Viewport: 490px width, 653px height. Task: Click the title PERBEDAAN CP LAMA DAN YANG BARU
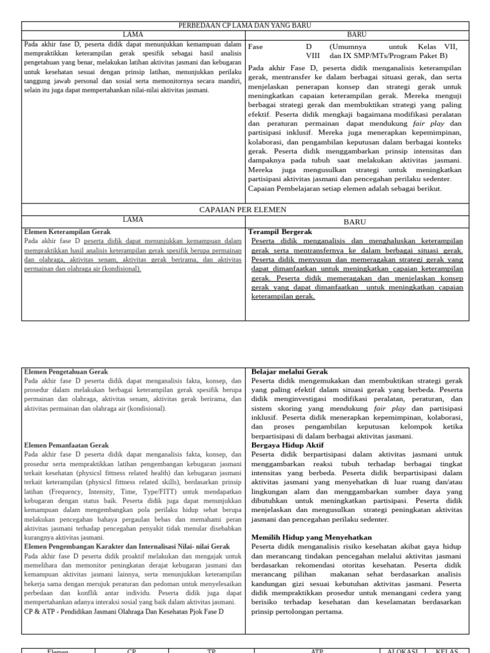click(245, 26)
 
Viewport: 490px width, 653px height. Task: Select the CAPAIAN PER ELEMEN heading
click(245, 209)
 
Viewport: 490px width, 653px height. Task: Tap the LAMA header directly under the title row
click(133, 34)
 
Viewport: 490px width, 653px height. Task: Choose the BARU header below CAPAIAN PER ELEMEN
click(355, 222)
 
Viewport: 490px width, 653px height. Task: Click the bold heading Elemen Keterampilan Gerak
click(67, 232)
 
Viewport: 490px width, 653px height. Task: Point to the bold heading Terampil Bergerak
click(281, 232)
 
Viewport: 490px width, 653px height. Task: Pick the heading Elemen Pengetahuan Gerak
click(66, 371)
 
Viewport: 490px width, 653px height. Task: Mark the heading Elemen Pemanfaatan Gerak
click(66, 445)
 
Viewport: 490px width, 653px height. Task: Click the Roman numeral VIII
click(312, 56)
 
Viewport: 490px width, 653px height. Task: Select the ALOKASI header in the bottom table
click(402, 650)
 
